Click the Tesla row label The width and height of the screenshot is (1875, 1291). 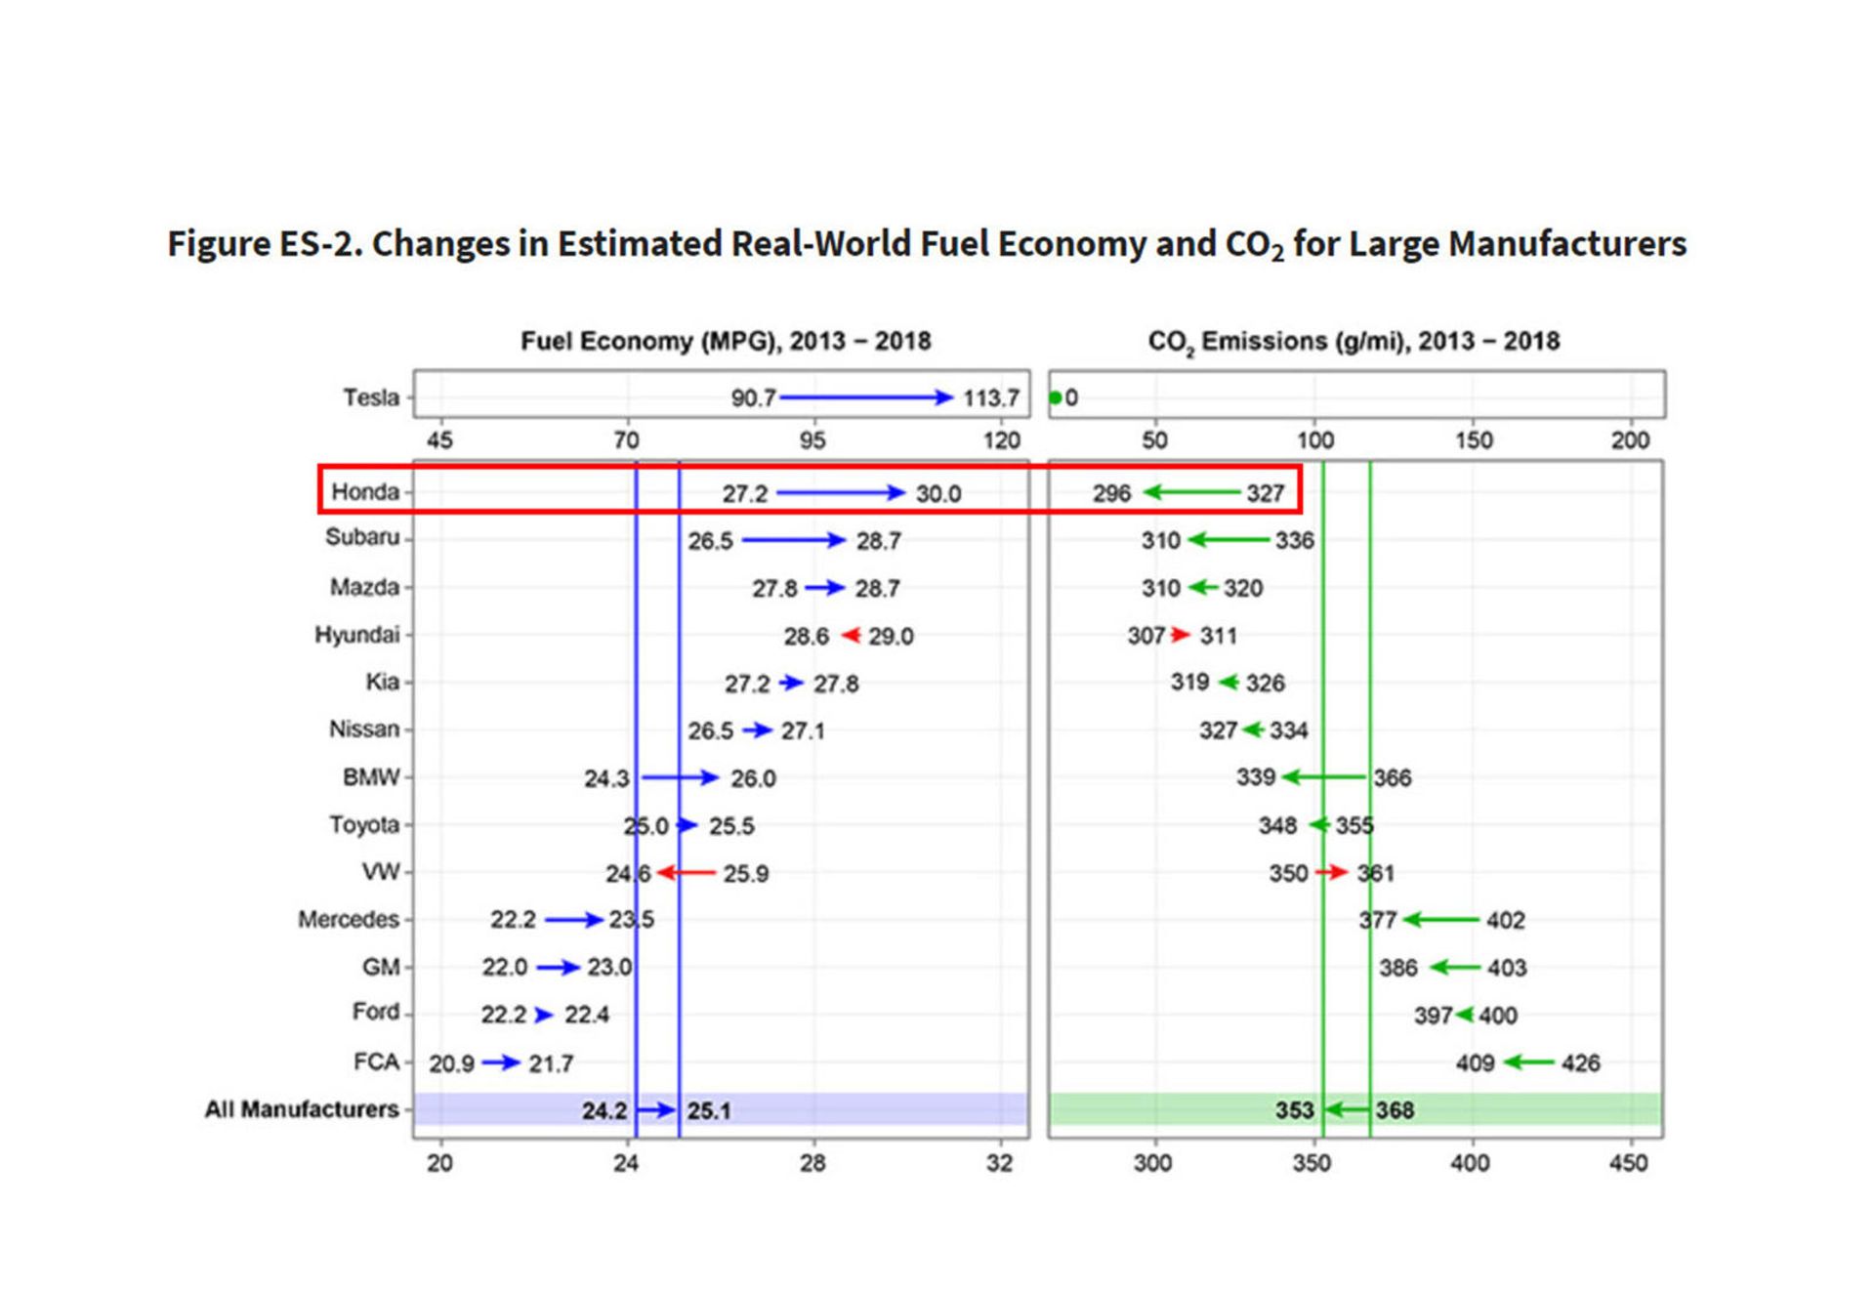point(371,397)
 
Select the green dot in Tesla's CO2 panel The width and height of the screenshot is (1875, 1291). point(1056,397)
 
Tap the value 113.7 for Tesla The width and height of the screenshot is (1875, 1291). point(990,398)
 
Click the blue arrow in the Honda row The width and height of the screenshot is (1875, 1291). point(841,493)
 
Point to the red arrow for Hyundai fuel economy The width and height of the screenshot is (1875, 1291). point(851,636)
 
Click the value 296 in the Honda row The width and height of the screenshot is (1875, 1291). point(1111,494)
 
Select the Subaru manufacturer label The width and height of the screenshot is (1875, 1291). point(362,537)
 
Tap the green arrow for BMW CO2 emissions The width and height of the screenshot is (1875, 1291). point(1324,777)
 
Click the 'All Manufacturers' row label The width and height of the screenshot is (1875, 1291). point(301,1109)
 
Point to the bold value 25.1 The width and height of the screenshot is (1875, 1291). point(709,1111)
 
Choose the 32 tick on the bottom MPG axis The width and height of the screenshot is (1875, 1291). point(999,1163)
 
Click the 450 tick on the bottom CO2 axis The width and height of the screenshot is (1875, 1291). point(1628,1163)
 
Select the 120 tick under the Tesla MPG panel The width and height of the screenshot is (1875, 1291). point(1002,440)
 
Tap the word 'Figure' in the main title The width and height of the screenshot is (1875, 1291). point(219,243)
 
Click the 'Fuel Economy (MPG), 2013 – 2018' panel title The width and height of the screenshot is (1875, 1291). point(725,341)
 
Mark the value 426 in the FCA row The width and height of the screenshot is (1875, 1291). point(1580,1063)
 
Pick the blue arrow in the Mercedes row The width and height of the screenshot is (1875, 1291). point(573,920)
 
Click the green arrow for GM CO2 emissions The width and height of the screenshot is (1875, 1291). point(1454,968)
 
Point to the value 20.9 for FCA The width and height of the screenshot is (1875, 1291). point(451,1063)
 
